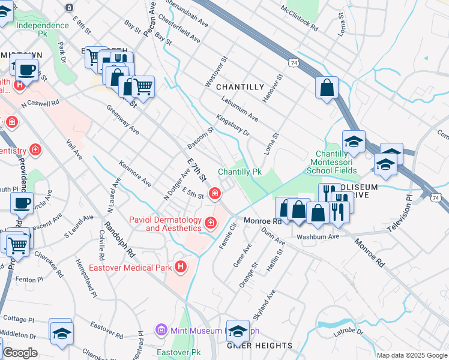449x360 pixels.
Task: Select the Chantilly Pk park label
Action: pos(240,172)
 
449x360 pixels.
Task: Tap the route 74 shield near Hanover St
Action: pos(293,62)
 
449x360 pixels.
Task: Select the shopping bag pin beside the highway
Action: pos(326,88)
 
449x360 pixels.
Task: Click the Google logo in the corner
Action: pos(20,353)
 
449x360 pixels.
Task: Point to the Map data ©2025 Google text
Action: pos(412,355)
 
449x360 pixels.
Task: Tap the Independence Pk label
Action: pos(43,26)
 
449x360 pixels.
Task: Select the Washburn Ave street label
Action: pos(318,236)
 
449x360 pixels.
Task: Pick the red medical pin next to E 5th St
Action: pos(214,193)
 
